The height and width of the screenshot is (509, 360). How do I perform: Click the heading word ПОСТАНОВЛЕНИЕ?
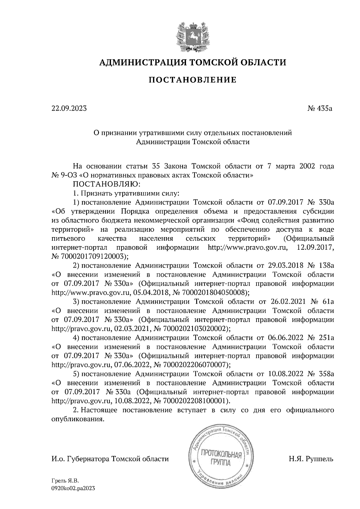193,80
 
